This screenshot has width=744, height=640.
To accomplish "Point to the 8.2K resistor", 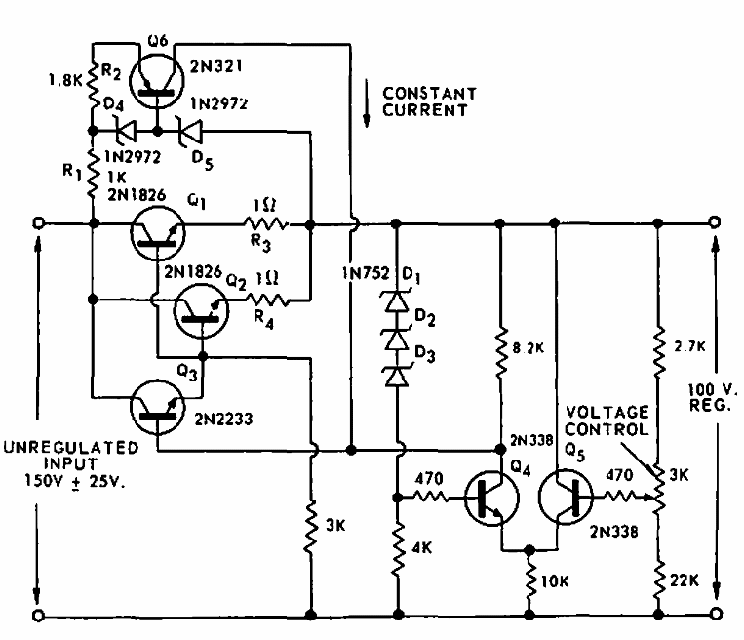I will (x=499, y=356).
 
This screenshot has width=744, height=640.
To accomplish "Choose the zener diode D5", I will (x=184, y=128).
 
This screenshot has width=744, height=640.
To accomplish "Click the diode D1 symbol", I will (x=398, y=302).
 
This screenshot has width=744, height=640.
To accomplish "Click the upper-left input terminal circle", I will (x=38, y=223).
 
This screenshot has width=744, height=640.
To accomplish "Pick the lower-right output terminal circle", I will (x=718, y=616).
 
